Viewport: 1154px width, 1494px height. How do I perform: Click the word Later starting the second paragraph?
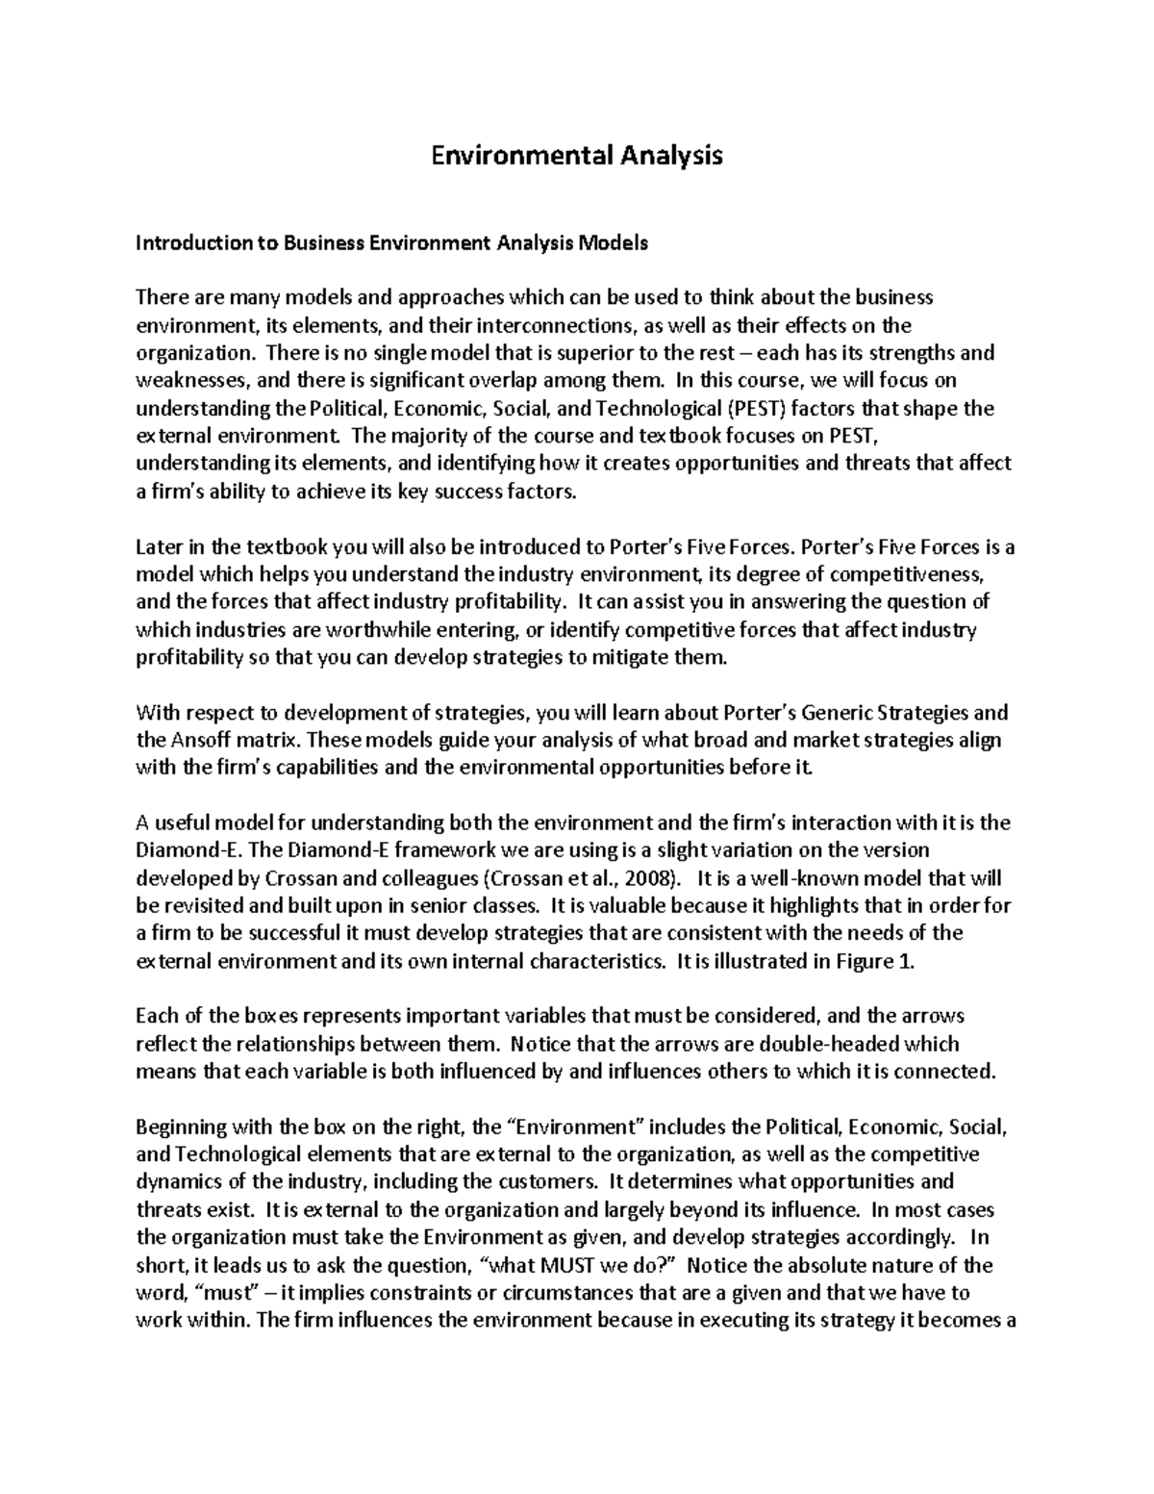pos(158,547)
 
